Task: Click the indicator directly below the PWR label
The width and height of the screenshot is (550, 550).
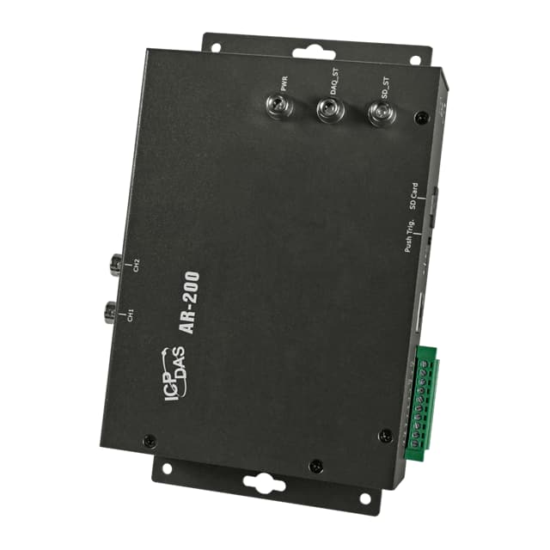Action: [x=280, y=108]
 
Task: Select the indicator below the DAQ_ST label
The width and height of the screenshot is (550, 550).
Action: [x=328, y=110]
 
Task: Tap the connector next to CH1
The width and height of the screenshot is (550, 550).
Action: [x=110, y=311]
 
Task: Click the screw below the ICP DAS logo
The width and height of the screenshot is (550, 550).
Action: [x=149, y=440]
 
